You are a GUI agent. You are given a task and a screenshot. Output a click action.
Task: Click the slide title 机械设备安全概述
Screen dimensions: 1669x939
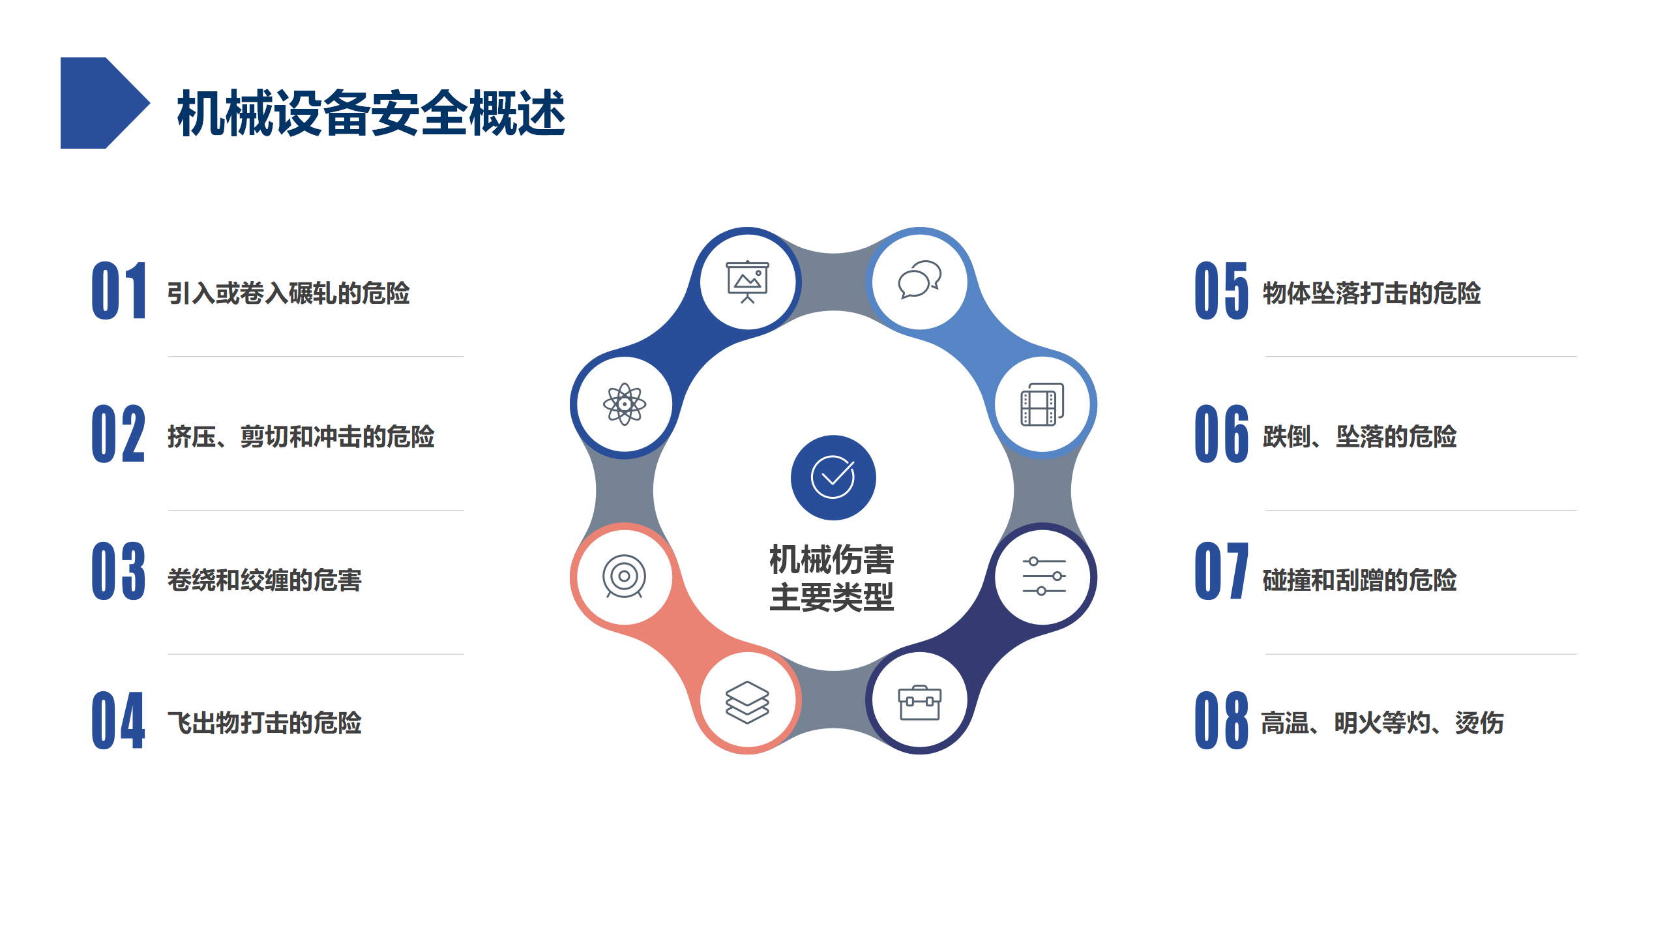coord(371,113)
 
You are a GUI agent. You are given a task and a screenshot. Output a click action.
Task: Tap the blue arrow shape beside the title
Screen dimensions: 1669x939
coord(105,103)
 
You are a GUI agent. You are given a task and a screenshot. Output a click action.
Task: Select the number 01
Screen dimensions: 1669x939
coord(119,291)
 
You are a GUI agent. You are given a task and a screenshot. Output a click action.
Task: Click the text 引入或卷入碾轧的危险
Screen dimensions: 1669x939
coord(289,293)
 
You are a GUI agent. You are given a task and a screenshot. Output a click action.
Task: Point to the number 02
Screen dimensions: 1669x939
coord(119,434)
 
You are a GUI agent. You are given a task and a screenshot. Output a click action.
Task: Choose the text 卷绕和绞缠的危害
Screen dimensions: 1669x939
coord(265,580)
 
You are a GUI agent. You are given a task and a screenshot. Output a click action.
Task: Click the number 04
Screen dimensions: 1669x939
coord(119,721)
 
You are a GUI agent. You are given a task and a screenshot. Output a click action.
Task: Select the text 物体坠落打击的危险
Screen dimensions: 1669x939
coord(1372,293)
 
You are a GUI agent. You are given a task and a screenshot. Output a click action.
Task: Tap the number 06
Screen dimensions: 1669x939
coord(1222,434)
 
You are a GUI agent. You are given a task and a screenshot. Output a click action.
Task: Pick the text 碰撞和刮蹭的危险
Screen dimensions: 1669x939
coord(1360,580)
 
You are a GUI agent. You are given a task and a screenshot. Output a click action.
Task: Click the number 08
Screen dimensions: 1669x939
coord(1222,721)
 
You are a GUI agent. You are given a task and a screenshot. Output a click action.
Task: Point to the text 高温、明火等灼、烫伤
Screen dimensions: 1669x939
coord(1383,723)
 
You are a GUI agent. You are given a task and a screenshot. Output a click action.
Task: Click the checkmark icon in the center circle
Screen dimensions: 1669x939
coord(833,477)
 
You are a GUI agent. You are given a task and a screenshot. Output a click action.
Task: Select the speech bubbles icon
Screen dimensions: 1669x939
coord(919,280)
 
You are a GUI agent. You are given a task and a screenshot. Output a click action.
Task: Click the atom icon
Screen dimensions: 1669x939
coord(625,404)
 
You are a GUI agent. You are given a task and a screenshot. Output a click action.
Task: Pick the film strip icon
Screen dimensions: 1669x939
coord(1042,404)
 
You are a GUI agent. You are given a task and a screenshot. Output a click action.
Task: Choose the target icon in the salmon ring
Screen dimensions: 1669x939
coord(625,576)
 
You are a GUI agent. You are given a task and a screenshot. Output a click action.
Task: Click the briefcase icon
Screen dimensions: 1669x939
coord(920,703)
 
